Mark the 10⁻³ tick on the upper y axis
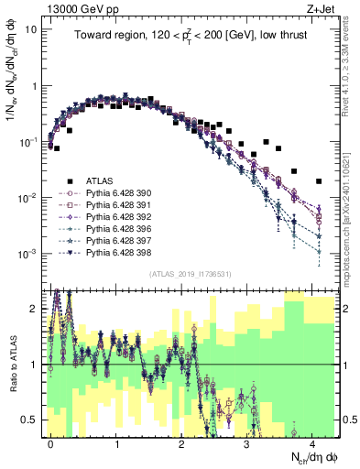[27, 254]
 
